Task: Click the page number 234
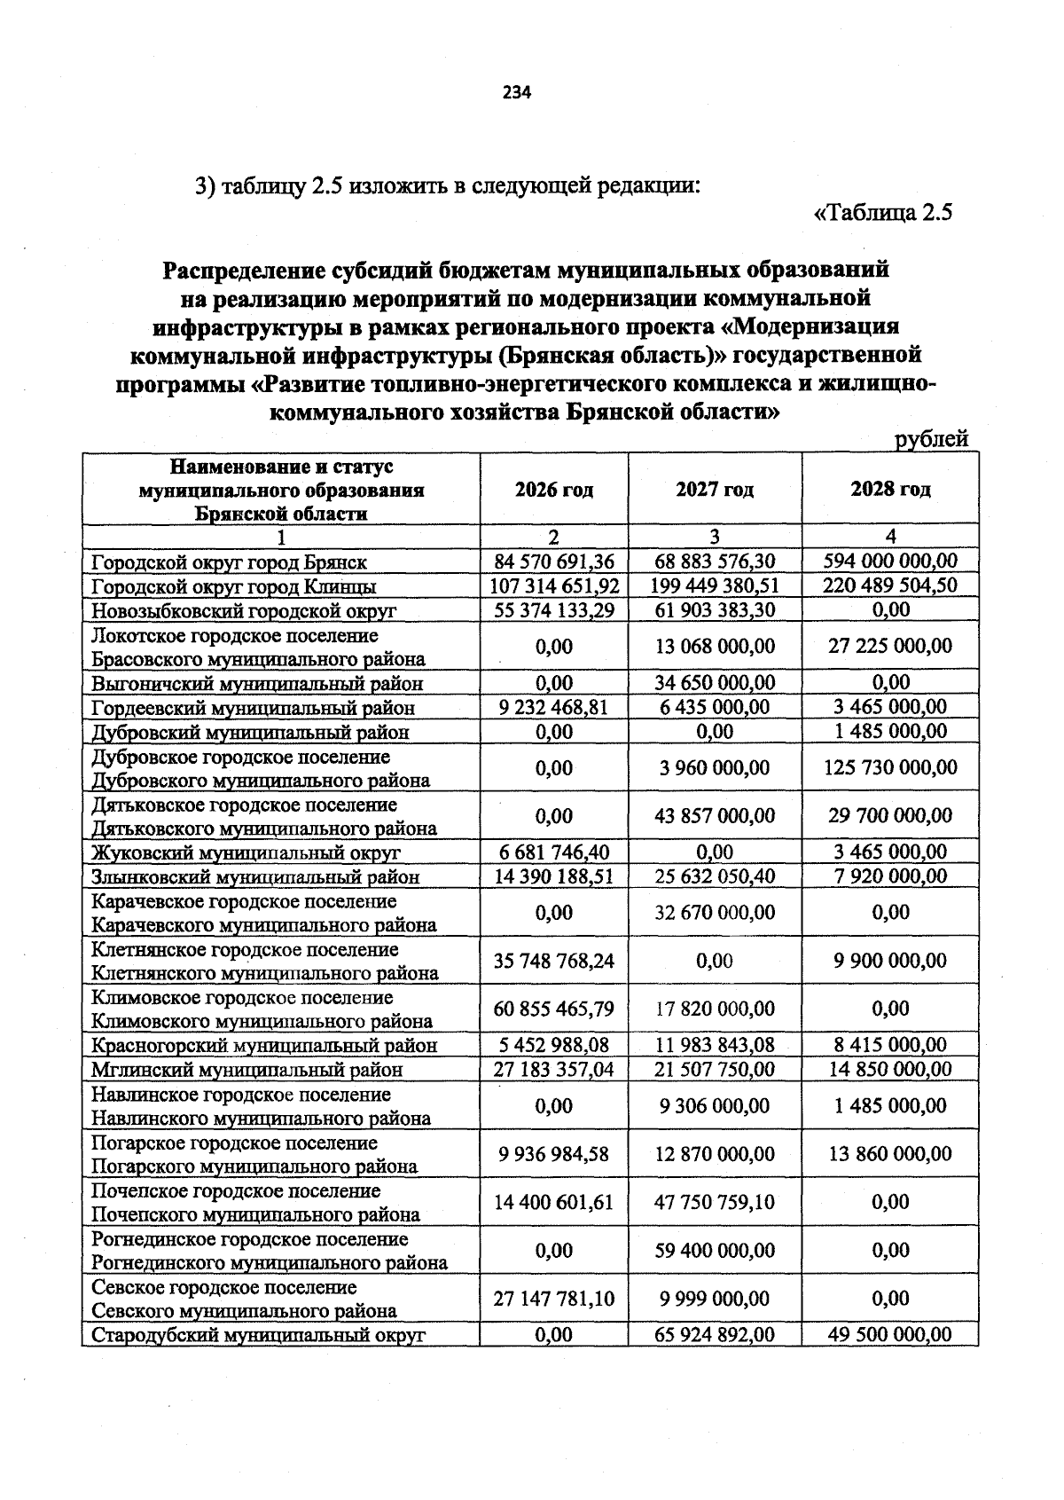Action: [516, 92]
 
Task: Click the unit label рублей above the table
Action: [931, 439]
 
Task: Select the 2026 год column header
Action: [554, 490]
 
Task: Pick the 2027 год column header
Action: [715, 490]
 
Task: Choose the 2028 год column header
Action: [890, 490]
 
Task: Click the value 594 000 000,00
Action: [890, 561]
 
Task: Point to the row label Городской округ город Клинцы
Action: [234, 586]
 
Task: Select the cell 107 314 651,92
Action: [554, 585]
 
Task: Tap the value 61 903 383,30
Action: [715, 609]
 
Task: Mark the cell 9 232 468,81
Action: [554, 707]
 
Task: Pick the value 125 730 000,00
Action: [890, 767]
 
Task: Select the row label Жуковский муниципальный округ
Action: [246, 852]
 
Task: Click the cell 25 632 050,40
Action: [715, 876]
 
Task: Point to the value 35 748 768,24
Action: [554, 961]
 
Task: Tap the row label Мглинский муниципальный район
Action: [247, 1070]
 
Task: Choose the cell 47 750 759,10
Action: [715, 1202]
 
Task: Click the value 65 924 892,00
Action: [715, 1335]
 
